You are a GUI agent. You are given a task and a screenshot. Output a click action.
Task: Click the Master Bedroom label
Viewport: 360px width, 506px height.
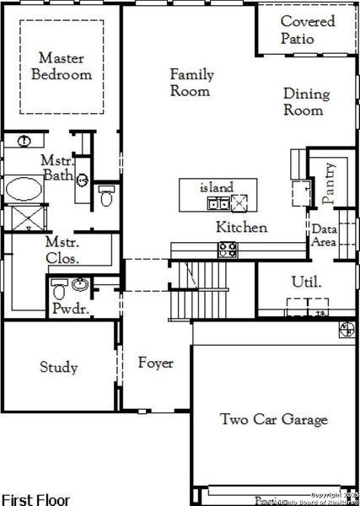(x=61, y=66)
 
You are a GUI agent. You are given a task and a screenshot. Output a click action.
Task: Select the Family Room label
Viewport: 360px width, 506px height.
(x=191, y=83)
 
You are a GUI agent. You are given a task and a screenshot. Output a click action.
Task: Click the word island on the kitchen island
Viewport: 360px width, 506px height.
(x=216, y=186)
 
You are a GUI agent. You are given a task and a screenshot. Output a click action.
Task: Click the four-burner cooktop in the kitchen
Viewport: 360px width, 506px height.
(x=228, y=249)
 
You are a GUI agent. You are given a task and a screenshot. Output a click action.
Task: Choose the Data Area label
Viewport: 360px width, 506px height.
(x=325, y=235)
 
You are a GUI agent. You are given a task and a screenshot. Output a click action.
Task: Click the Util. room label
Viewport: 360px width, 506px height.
(x=305, y=281)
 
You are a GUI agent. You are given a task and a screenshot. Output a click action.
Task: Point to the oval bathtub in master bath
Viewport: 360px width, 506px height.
(x=28, y=187)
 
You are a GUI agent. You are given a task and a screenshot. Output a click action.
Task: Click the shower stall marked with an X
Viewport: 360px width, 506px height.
(x=27, y=218)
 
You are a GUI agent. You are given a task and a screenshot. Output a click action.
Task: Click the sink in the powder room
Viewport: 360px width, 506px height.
(x=81, y=283)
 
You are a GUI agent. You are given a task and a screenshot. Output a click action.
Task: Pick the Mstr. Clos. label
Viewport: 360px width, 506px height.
(x=62, y=249)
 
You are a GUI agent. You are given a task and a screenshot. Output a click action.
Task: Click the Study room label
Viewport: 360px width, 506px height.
(x=59, y=367)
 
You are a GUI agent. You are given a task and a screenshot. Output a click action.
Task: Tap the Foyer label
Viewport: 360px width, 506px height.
(x=155, y=363)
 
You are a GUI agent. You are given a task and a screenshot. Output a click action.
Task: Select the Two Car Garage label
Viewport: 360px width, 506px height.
(x=273, y=419)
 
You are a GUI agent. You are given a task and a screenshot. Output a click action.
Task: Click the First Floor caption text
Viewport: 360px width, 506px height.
(x=35, y=499)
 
